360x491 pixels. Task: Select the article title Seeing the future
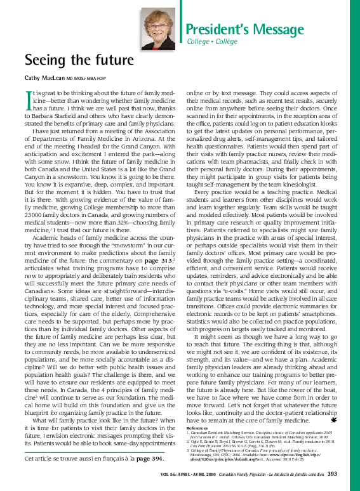79,60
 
